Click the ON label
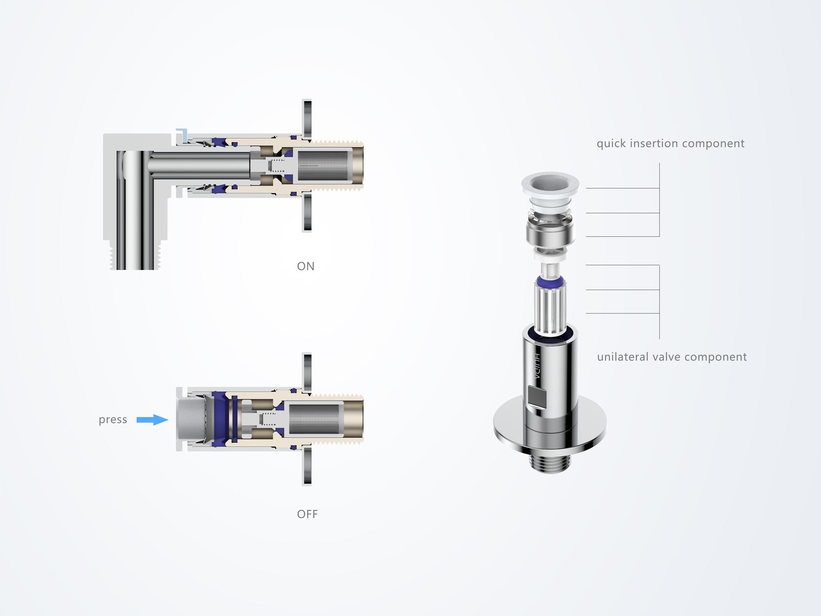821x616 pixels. coord(305,266)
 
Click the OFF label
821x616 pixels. coord(307,514)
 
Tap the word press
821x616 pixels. coord(113,420)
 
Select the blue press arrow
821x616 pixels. coord(152,420)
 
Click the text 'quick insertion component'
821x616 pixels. coord(670,144)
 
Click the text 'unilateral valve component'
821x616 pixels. coord(672,357)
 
